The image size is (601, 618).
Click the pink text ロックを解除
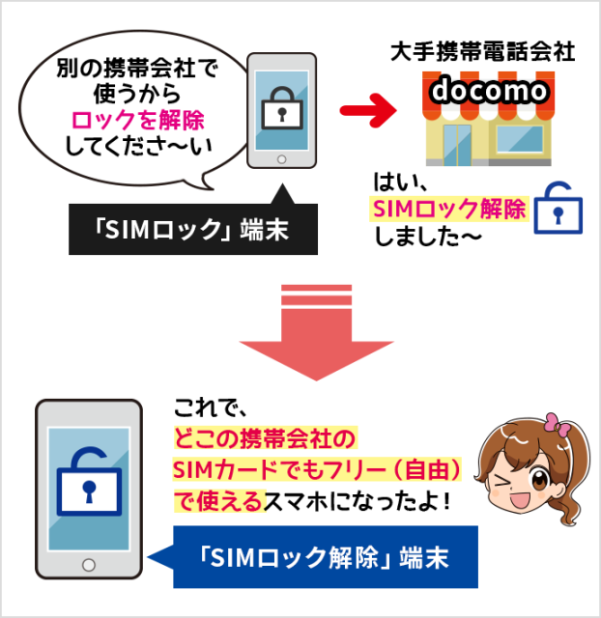[137, 121]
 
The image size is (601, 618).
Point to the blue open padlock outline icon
[559, 207]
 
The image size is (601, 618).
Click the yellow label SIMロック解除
[448, 209]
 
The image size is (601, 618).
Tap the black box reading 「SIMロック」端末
[193, 230]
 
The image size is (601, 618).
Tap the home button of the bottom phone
[89, 564]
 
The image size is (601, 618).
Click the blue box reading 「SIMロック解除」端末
[325, 557]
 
